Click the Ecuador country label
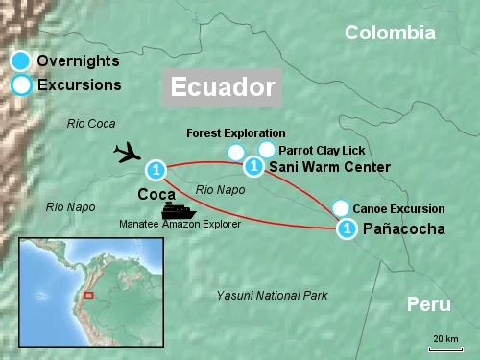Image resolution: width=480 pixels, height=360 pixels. pyautogui.click(x=222, y=86)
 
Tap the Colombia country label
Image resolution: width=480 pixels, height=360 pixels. pyautogui.click(x=390, y=33)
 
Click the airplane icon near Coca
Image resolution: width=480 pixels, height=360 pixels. pyautogui.click(x=128, y=154)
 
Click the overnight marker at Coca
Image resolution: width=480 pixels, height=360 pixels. pyautogui.click(x=156, y=171)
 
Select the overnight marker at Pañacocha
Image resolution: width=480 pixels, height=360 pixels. pyautogui.click(x=347, y=228)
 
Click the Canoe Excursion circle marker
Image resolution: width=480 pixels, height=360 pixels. pyautogui.click(x=340, y=208)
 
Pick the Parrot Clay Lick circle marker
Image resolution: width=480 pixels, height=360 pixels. pyautogui.click(x=267, y=150)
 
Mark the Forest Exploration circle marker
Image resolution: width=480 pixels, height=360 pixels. pyautogui.click(x=235, y=152)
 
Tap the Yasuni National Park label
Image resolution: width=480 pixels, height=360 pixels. pyautogui.click(x=273, y=294)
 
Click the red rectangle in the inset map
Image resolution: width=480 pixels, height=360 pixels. pyautogui.click(x=88, y=295)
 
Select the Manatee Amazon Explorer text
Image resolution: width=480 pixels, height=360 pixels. pyautogui.click(x=180, y=224)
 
